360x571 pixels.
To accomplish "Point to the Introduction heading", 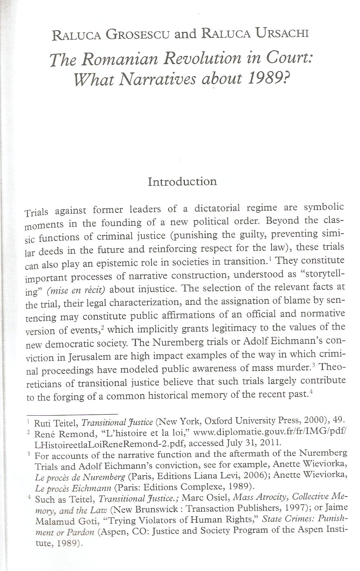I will tap(182, 181).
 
